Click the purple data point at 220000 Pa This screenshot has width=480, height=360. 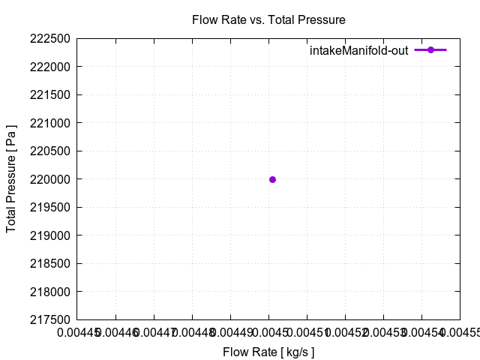(x=272, y=179)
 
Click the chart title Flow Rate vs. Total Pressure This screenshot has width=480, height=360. (x=268, y=19)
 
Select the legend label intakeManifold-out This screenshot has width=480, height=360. (x=358, y=50)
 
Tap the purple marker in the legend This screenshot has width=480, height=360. (x=430, y=49)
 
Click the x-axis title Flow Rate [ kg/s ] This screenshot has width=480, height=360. (x=268, y=351)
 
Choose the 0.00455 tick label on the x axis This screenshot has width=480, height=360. (x=459, y=332)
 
